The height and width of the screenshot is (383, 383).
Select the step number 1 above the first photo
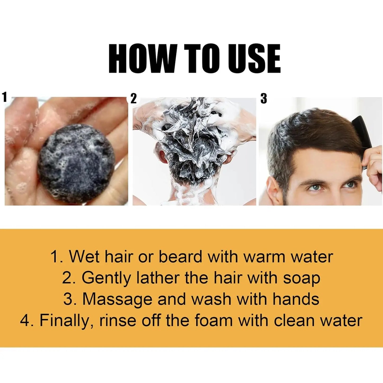[4, 97]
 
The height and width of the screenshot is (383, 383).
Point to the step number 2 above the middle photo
[134, 99]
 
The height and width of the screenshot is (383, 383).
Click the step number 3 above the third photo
[263, 99]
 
